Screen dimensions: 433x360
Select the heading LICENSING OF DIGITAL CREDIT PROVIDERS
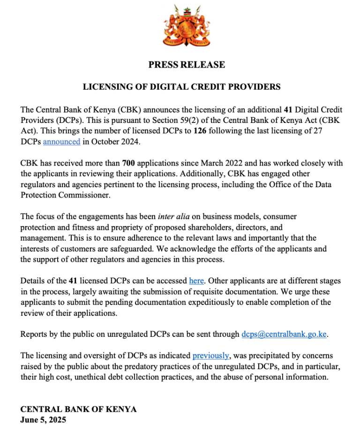click(181, 87)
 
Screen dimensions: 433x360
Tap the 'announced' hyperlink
click(61, 141)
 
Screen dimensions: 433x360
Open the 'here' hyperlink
click(196, 281)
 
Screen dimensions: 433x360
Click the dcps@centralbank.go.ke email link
click(284, 334)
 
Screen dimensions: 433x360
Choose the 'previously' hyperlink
click(210, 356)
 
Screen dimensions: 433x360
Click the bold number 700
click(129, 163)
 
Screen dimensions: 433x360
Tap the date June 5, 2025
click(43, 420)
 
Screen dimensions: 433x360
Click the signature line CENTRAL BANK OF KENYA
click(78, 409)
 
